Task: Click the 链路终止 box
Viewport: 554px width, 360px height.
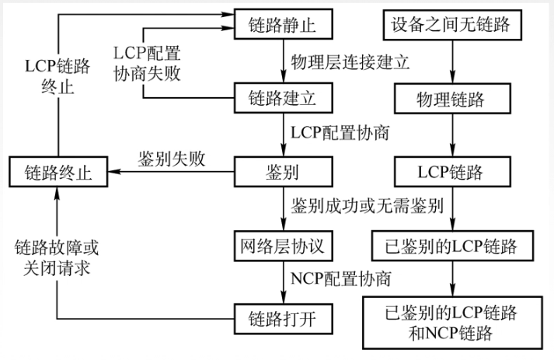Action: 58,172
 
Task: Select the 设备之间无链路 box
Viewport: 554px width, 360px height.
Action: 451,24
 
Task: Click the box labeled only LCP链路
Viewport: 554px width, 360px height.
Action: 451,171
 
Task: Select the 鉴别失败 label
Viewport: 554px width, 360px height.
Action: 172,159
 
